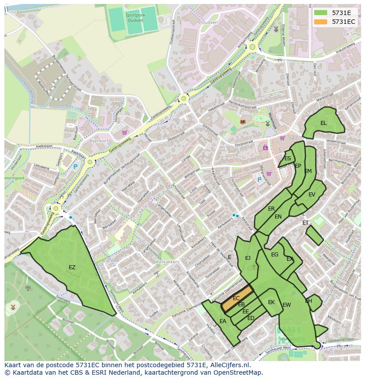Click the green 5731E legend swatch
click(320, 13)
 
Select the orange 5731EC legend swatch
click(320, 22)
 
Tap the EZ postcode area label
click(72, 267)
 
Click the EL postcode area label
click(324, 123)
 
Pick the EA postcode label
click(223, 321)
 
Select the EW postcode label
click(287, 305)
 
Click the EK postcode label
click(272, 302)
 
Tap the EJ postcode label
click(248, 258)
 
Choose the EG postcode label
click(275, 255)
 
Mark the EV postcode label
click(312, 195)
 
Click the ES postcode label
click(288, 158)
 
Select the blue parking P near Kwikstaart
click(75, 167)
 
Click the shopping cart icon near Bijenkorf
click(124, 132)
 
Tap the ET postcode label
click(305, 223)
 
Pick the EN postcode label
click(278, 217)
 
